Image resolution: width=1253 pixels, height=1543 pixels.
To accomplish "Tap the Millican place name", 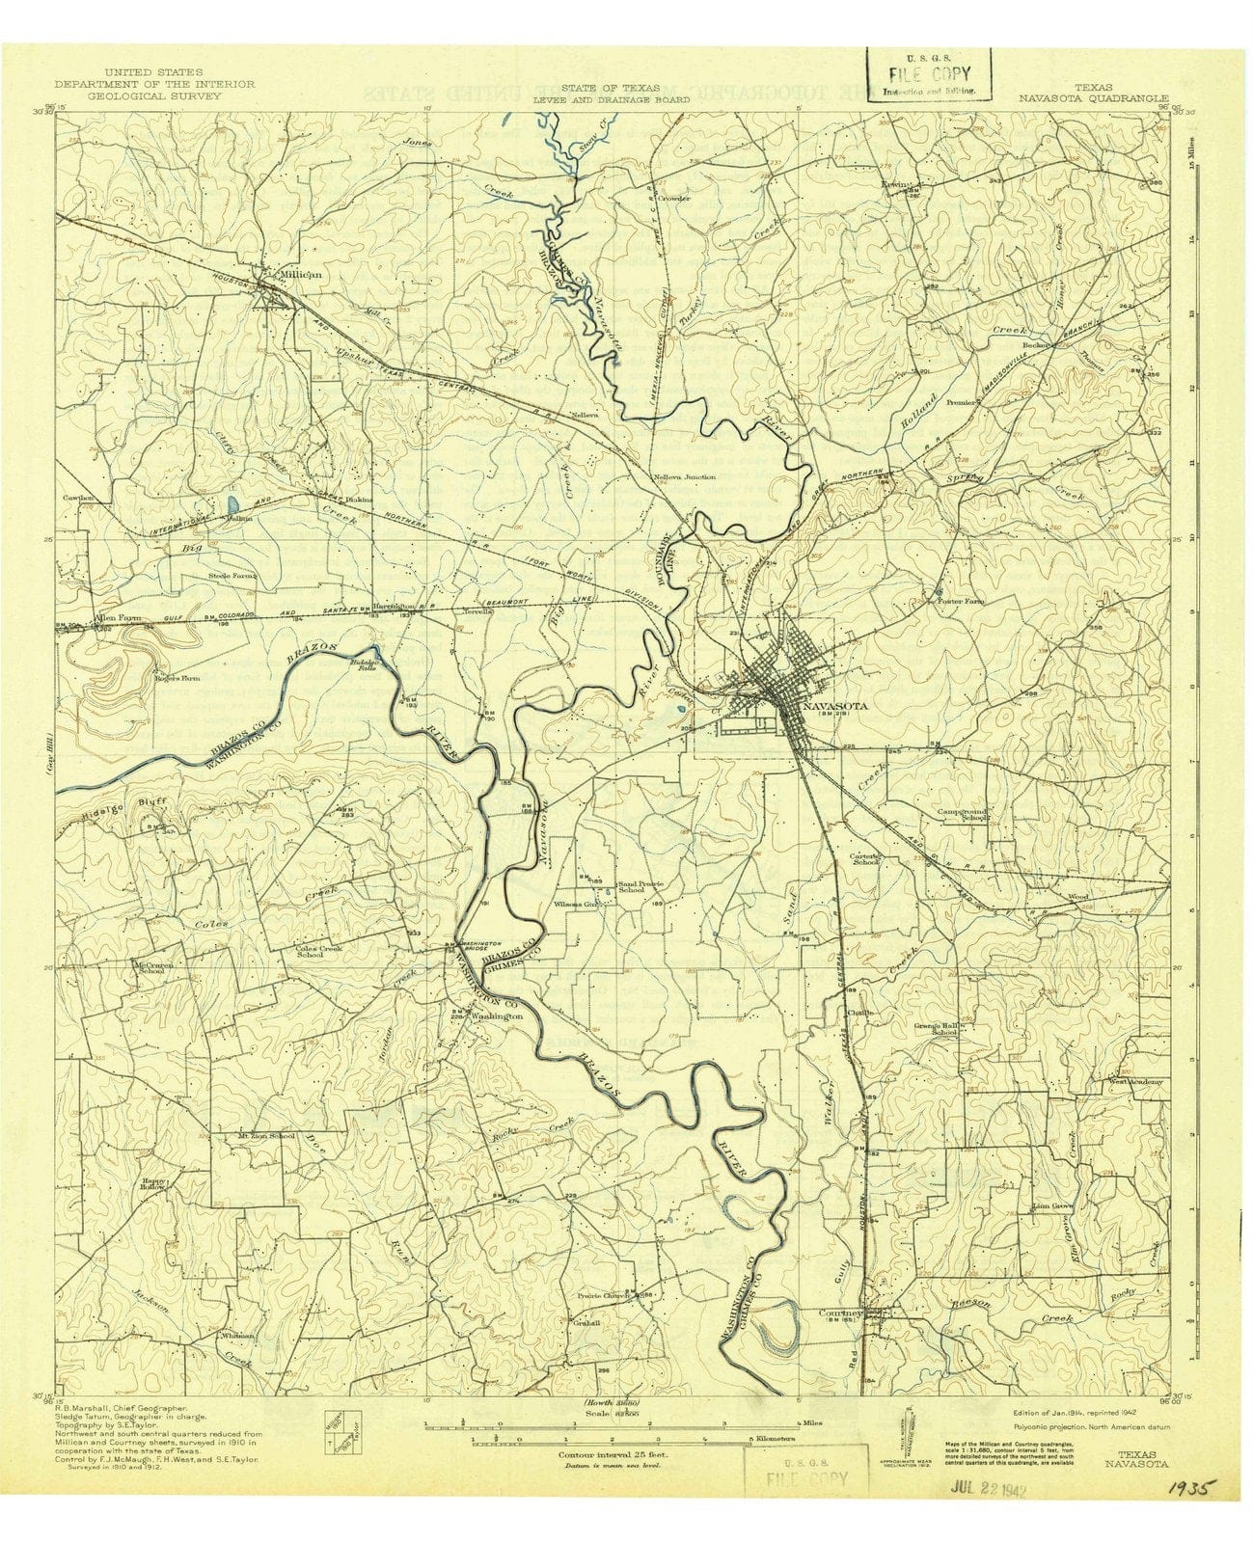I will [x=298, y=274].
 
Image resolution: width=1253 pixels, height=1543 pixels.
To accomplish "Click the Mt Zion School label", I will [x=265, y=1136].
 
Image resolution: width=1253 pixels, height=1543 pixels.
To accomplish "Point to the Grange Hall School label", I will [x=935, y=1028].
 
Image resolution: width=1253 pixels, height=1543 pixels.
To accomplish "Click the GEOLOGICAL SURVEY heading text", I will [x=154, y=96].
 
